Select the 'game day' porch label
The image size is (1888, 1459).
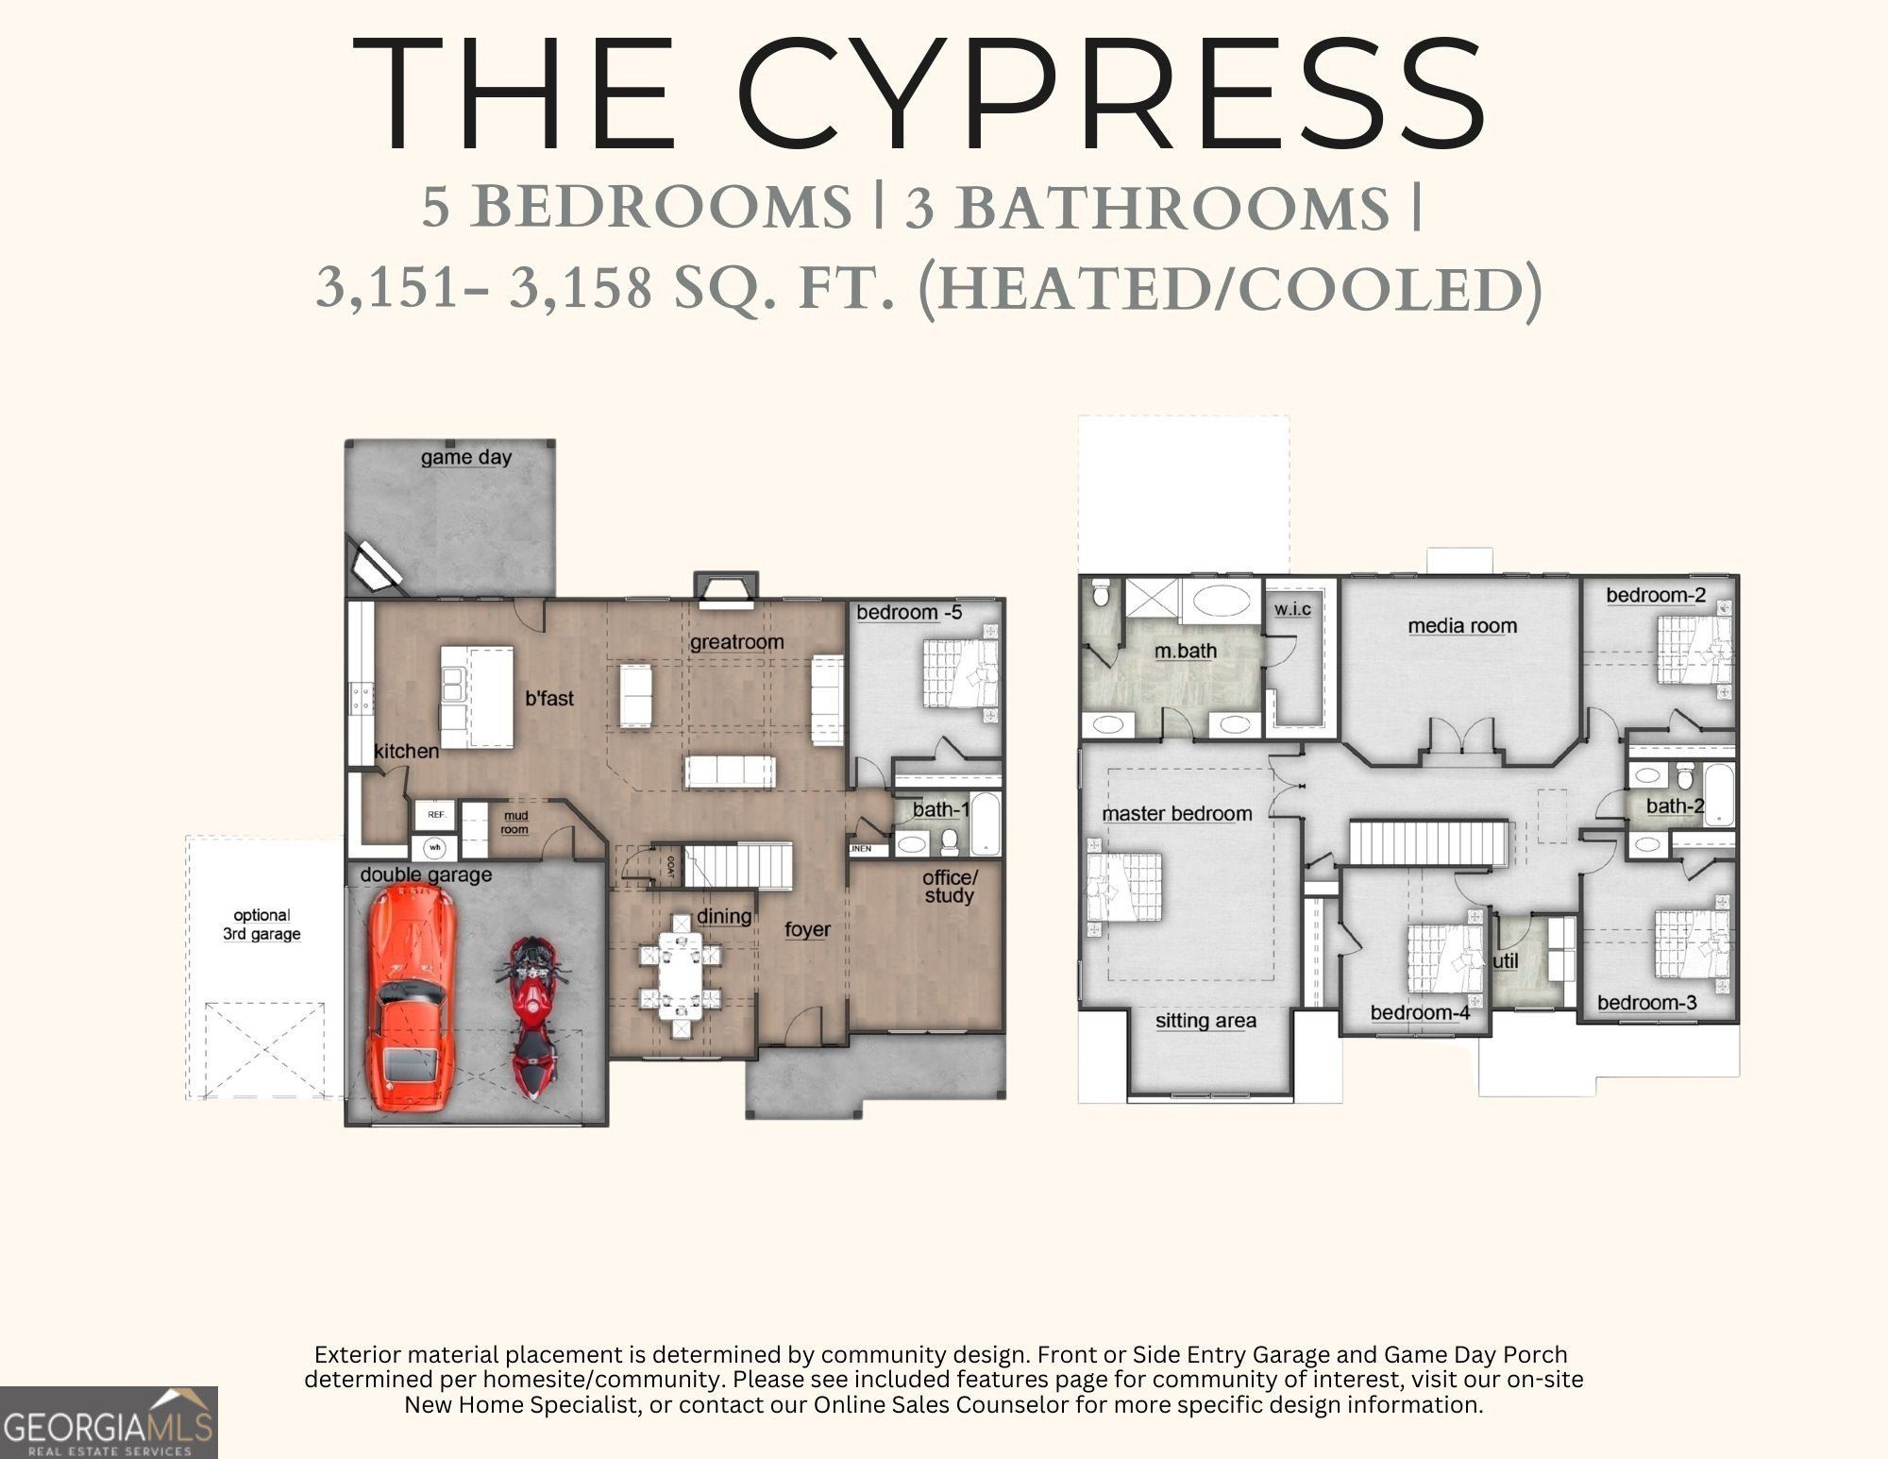tap(466, 457)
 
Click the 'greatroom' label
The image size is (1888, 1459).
tap(736, 642)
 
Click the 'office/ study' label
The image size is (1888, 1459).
tap(950, 887)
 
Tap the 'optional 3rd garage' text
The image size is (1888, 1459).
tap(261, 925)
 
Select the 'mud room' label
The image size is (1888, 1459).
tap(514, 823)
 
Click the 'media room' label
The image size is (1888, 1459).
tap(1462, 625)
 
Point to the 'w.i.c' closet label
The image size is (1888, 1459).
tap(1292, 609)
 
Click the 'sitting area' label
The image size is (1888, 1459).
tap(1205, 1021)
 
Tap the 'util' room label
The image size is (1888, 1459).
tap(1506, 961)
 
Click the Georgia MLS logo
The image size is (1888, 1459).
tap(109, 1422)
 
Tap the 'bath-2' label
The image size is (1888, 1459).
tap(1675, 806)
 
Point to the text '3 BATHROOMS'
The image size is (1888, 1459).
tap(1148, 208)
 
